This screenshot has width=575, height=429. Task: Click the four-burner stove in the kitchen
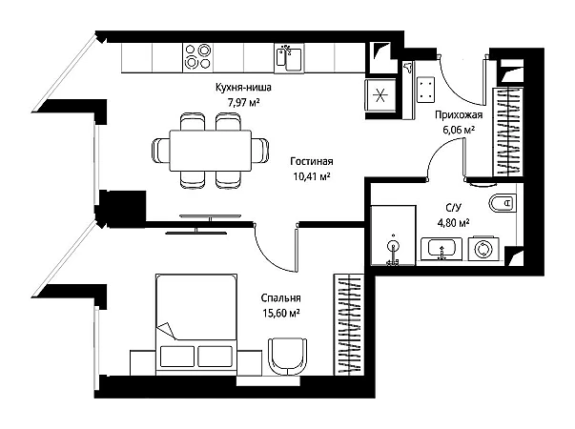click(197, 56)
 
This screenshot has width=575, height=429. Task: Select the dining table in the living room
click(211, 151)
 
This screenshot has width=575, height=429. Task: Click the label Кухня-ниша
click(243, 88)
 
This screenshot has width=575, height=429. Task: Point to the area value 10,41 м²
click(312, 176)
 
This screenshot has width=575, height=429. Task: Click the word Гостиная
click(312, 161)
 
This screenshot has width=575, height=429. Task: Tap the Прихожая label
click(459, 114)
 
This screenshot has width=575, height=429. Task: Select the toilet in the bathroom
click(503, 202)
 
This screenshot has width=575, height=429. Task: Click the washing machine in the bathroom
click(483, 249)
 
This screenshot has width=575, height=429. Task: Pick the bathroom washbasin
click(442, 249)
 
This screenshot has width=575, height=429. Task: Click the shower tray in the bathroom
click(393, 235)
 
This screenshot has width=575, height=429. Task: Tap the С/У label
click(453, 208)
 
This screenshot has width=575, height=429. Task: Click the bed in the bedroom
click(196, 324)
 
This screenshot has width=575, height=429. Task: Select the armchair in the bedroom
click(288, 356)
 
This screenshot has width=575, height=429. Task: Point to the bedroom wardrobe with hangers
click(348, 324)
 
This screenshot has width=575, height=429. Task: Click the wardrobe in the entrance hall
click(507, 132)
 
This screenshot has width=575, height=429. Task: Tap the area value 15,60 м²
click(281, 314)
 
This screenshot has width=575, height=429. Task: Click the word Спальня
click(281, 298)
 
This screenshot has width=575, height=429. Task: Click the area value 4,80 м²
click(454, 222)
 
